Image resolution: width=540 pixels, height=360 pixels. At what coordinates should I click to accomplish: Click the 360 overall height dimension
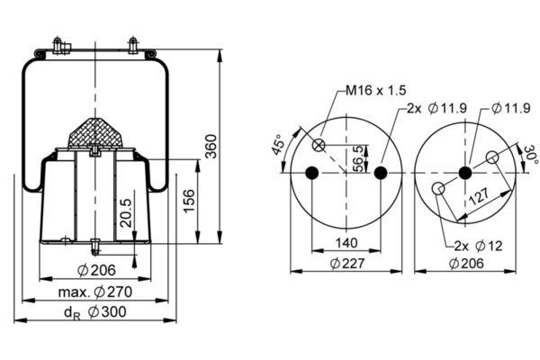(211, 147)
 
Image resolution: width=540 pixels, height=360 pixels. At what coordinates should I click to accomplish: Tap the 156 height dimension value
(189, 201)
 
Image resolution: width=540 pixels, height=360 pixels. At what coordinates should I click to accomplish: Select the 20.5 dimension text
(126, 212)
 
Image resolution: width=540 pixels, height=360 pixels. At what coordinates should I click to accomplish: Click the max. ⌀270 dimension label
(95, 292)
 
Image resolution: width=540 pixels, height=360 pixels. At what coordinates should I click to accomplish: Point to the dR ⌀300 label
(95, 312)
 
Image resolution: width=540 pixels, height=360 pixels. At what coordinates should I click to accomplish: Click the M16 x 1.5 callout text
(376, 90)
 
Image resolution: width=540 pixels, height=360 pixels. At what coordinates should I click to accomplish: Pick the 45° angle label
(278, 145)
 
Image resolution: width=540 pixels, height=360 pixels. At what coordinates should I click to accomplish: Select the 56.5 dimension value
(358, 158)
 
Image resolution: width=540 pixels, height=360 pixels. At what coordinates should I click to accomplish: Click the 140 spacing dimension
(346, 243)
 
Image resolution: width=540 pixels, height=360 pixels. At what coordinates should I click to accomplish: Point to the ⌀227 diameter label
(346, 264)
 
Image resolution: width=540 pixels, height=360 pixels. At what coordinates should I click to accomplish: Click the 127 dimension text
(479, 196)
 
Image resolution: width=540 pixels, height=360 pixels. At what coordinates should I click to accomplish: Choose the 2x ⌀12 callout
(479, 246)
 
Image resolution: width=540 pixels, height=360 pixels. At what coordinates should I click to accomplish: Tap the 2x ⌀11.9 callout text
(436, 109)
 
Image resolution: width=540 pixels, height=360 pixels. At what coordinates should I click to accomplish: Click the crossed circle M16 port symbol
(319, 145)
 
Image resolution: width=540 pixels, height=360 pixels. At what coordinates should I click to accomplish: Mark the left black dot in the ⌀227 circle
(312, 173)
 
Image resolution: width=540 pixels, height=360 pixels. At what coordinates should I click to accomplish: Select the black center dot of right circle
(465, 173)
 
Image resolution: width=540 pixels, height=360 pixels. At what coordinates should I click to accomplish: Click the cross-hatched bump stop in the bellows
(95, 133)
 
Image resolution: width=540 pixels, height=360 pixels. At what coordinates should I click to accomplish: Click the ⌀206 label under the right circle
(466, 264)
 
